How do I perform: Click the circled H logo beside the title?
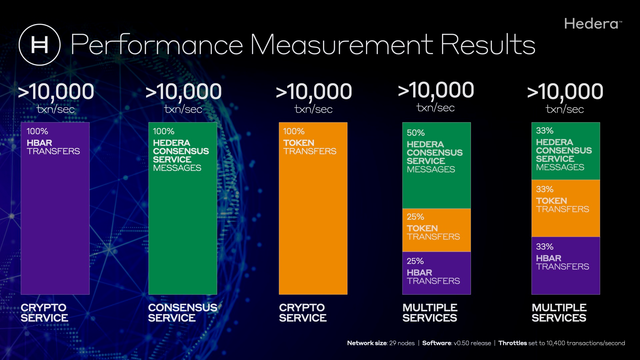click(x=39, y=45)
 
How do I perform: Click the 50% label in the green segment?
click(x=416, y=133)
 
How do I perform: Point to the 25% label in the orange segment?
click(x=415, y=217)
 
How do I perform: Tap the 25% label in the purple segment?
click(x=415, y=261)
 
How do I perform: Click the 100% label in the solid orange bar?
click(x=294, y=131)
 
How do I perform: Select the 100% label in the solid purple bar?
click(x=37, y=131)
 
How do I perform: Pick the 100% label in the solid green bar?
click(x=164, y=131)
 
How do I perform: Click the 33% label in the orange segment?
click(x=545, y=189)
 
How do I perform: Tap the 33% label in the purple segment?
click(x=545, y=247)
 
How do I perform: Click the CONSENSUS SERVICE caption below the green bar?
click(x=182, y=313)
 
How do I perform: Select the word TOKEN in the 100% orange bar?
click(x=299, y=143)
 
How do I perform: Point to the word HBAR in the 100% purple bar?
click(x=39, y=143)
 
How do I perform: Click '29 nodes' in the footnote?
click(x=402, y=343)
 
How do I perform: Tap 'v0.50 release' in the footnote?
click(x=472, y=343)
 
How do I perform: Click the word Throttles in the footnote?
click(x=513, y=343)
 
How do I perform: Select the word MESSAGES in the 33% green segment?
click(x=560, y=167)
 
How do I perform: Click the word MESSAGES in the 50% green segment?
click(x=431, y=169)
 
